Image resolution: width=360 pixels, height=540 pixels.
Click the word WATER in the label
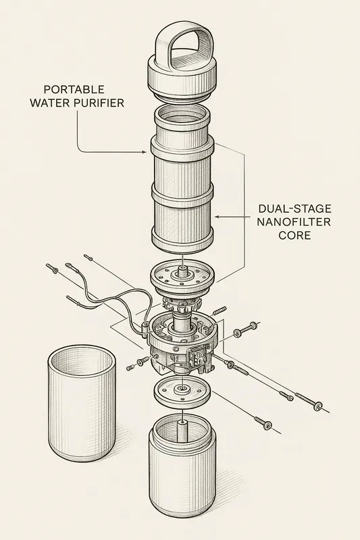coord(64,104)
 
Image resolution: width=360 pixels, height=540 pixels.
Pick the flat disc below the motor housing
coord(180,391)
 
